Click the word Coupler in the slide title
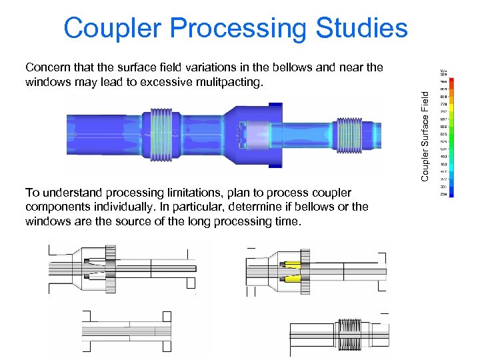point(111,28)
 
